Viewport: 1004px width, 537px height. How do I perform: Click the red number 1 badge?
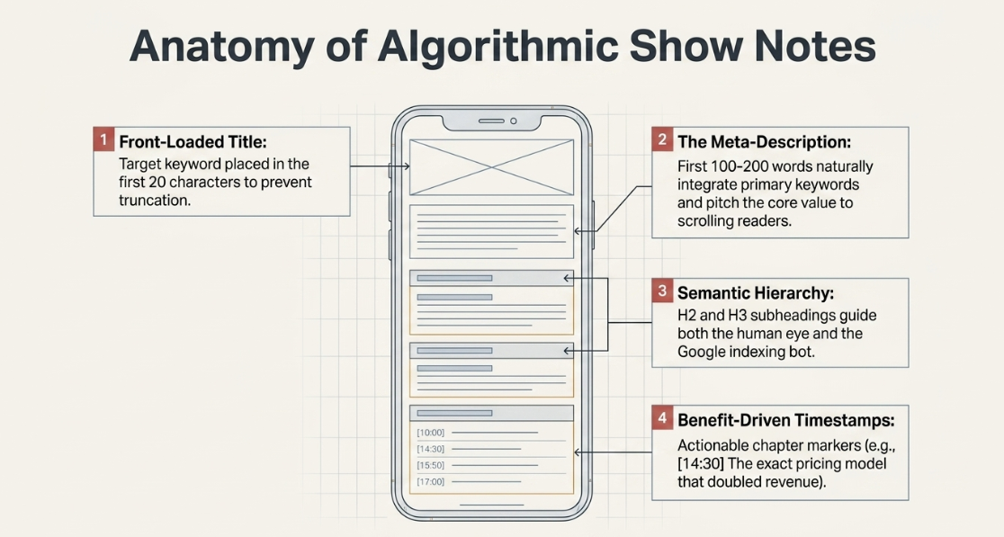pos(103,139)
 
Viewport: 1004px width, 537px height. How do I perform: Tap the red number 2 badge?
pos(662,139)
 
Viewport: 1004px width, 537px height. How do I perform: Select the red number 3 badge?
pos(662,291)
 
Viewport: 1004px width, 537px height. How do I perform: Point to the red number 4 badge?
pos(662,418)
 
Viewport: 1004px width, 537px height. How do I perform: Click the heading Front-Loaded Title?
pos(193,141)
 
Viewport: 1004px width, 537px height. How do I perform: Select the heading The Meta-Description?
pos(765,141)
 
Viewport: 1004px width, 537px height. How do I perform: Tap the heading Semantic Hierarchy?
pos(756,293)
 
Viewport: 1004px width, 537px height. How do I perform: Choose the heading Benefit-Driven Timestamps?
pos(786,420)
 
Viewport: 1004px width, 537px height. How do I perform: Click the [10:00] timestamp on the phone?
pos(430,433)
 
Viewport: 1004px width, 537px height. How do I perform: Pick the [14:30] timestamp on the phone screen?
pos(430,450)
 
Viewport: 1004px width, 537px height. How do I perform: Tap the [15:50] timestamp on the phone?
pos(430,465)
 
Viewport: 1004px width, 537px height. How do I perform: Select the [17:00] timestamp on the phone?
pos(430,481)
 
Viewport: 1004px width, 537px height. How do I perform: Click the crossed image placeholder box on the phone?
pos(492,167)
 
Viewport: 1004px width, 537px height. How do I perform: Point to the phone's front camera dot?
pos(514,121)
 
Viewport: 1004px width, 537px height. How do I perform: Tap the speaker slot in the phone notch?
pos(491,121)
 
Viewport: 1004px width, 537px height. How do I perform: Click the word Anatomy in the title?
pos(221,46)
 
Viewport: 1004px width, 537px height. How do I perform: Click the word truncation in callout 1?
pos(155,201)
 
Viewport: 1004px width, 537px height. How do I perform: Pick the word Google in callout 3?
pos(704,352)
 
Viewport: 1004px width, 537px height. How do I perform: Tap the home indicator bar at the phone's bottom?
pos(492,505)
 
